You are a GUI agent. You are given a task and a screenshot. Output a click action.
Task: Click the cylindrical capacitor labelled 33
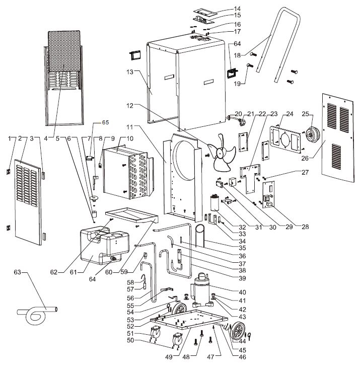pos(215,203)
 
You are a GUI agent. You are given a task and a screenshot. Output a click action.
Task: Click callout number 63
pos(17,272)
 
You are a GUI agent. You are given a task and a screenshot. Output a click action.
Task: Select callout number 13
pos(130,71)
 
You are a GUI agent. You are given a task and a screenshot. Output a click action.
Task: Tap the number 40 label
pos(242,292)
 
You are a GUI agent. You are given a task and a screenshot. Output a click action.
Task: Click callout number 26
pos(305,158)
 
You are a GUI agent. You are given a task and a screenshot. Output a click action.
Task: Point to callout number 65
pos(105,122)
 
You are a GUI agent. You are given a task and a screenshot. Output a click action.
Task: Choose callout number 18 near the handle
pos(237,55)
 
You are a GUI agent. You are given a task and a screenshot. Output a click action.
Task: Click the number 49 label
pos(169,357)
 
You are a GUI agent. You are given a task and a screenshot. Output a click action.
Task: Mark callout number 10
pos(130,138)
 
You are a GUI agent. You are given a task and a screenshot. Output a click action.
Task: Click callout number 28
pos(305,227)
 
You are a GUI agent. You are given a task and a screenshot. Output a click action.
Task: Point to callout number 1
pos(10,138)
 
